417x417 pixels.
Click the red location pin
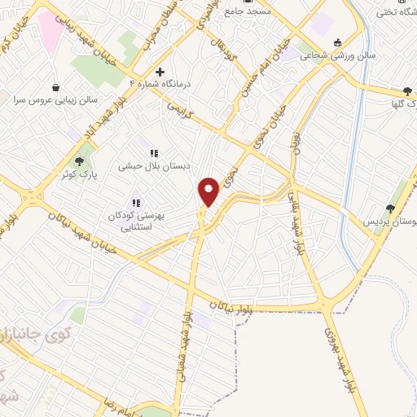(209, 191)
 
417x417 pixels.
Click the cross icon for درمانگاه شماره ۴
(160, 72)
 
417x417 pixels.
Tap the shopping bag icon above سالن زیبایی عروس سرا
(55, 87)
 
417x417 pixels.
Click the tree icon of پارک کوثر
(79, 161)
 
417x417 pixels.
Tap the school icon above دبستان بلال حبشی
(152, 152)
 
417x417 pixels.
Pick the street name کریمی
(181, 110)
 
